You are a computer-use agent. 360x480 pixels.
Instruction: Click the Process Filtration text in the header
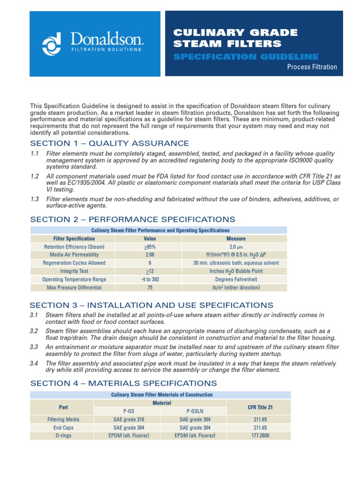pos(312,67)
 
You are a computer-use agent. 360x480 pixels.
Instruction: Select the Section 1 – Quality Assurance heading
pos(110,143)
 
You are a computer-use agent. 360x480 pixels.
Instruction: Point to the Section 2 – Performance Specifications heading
pos(133,219)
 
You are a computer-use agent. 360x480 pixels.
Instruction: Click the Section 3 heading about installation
pos(151,305)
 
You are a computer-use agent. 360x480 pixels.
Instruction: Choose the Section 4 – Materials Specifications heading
pos(123,383)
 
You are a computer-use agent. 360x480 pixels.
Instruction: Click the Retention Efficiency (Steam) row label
pos(74,247)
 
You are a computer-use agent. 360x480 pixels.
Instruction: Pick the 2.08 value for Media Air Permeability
pos(150,255)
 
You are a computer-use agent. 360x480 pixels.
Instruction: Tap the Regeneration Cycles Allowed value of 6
pos(150,263)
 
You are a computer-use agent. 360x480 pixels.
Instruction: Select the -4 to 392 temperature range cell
pos(150,279)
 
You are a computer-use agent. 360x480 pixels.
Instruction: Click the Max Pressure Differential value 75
pos(150,288)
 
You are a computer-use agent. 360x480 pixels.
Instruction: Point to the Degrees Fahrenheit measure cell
pos(236,279)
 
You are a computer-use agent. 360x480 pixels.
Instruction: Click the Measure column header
pos(236,239)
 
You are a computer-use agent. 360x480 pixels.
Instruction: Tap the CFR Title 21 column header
pos(260,407)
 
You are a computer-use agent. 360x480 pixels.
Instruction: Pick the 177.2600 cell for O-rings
pos(260,435)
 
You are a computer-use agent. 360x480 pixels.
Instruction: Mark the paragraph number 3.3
pos(34,347)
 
